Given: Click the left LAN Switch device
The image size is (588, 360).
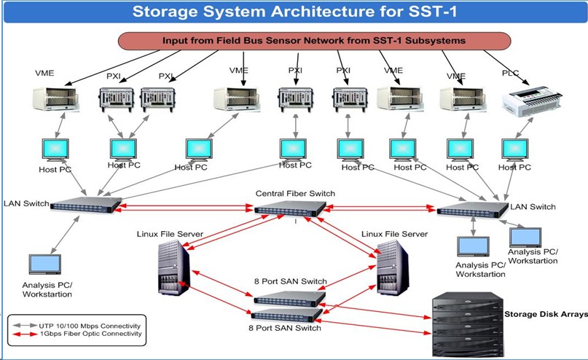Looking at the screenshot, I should point(85,204).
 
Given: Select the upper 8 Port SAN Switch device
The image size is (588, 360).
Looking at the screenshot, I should point(286,297).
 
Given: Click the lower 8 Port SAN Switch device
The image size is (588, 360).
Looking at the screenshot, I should point(286,314).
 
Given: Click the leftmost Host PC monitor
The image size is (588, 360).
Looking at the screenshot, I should point(55,149).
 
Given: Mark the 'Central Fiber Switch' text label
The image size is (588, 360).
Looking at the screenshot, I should point(295,193).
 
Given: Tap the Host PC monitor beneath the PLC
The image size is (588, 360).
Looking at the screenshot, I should point(514,149).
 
